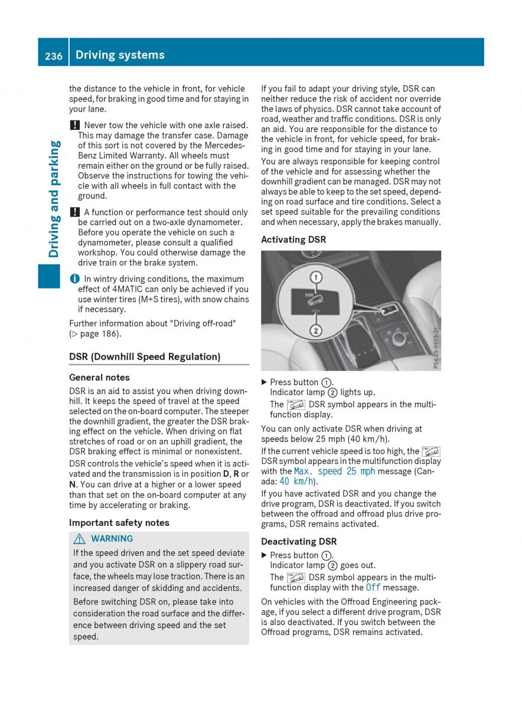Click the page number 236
[x=53, y=55]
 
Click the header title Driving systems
[x=120, y=55]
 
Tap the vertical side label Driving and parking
[x=54, y=199]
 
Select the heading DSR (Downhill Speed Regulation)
[x=145, y=356]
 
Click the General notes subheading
[x=99, y=377]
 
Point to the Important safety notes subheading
[x=119, y=522]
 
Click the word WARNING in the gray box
[x=112, y=538]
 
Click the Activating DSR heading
[x=293, y=239]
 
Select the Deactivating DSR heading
[x=299, y=541]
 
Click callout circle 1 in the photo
[x=316, y=277]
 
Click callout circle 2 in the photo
[x=316, y=330]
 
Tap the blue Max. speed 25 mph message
[x=334, y=471]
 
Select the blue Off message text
[x=373, y=587]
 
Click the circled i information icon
[x=73, y=279]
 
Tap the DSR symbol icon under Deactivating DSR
[x=296, y=577]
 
